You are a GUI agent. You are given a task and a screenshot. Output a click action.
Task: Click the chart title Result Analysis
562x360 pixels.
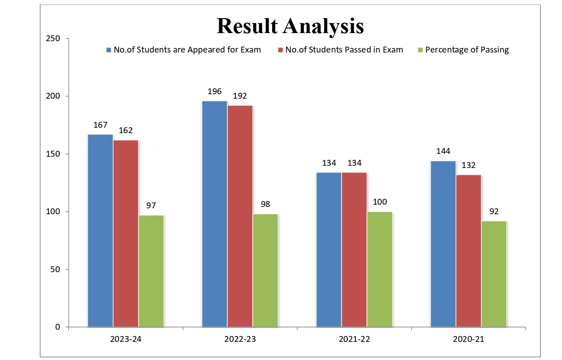click(290, 26)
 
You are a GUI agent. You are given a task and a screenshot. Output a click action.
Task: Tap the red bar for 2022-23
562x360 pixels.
click(240, 216)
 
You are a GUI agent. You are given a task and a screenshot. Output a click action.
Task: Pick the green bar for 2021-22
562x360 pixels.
click(379, 269)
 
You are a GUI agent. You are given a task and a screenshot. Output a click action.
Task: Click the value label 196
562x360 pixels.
click(214, 91)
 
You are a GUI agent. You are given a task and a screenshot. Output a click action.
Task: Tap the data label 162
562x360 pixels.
click(125, 130)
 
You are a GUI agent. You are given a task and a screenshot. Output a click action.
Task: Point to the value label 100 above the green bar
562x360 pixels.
click(379, 202)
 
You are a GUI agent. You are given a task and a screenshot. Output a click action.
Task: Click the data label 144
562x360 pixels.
click(443, 151)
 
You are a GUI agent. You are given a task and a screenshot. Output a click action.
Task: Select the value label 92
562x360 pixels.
click(494, 211)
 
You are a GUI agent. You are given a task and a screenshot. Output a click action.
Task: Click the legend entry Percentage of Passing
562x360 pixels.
click(467, 50)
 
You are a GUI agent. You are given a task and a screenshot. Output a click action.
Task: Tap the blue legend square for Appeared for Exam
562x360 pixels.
click(109, 50)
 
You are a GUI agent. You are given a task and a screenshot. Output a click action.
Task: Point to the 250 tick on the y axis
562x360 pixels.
click(53, 38)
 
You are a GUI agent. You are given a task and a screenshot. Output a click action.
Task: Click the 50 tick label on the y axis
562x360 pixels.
click(56, 269)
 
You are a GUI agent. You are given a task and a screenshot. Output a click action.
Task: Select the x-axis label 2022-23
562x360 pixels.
click(240, 339)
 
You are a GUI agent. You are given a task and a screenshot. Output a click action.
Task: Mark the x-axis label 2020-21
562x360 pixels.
click(468, 339)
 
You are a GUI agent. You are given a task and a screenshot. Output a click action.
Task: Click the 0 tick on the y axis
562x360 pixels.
click(58, 327)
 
